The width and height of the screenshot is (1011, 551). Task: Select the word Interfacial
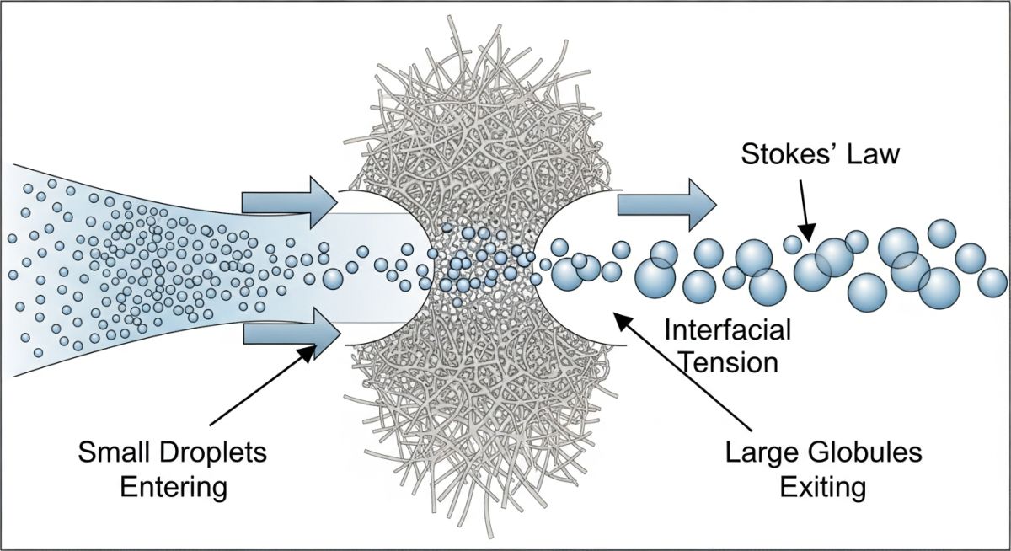(728, 329)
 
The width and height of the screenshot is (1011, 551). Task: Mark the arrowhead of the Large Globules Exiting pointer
(620, 319)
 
